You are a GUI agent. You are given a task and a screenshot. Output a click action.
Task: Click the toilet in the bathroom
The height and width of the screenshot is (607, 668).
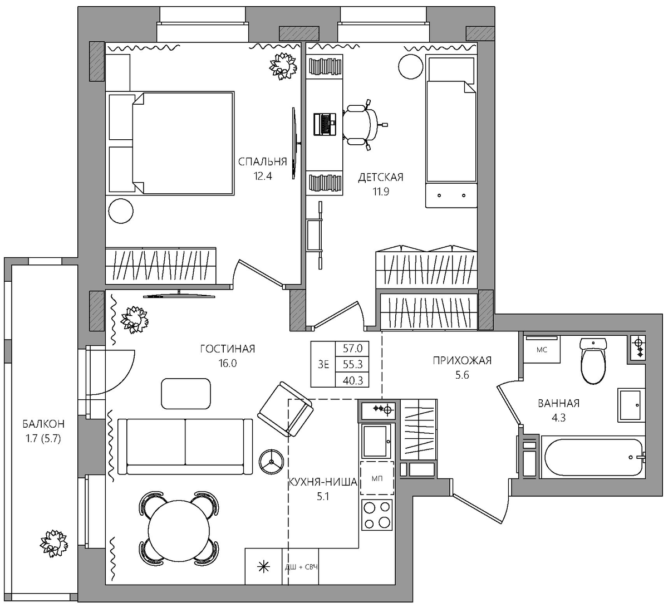point(593,360)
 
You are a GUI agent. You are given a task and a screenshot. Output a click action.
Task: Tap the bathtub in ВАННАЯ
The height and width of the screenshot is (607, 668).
point(593,457)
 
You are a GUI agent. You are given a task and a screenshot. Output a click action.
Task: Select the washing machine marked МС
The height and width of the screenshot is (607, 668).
point(542,350)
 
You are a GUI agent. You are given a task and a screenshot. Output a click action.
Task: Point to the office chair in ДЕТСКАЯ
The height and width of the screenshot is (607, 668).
point(363,125)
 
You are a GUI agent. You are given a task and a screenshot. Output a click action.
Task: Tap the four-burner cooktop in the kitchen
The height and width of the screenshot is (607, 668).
point(377,515)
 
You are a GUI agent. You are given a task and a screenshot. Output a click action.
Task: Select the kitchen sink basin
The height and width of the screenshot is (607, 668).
point(377,441)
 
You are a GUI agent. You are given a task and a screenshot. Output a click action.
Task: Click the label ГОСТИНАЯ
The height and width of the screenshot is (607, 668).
point(228,349)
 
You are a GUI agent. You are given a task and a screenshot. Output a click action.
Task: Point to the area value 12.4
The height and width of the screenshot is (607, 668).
point(263,176)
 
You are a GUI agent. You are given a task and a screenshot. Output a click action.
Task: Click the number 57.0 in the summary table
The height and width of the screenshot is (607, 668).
point(352,349)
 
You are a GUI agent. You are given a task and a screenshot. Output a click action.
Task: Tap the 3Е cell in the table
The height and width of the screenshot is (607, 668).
point(323,364)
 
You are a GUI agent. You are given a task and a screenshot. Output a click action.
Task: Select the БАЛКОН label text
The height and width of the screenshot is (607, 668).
point(43,424)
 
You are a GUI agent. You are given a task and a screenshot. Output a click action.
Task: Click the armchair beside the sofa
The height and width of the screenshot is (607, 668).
point(286,409)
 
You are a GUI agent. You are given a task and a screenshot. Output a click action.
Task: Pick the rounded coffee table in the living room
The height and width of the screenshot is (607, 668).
point(186,394)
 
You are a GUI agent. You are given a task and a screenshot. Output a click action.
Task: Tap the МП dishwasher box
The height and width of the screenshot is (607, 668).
point(377,478)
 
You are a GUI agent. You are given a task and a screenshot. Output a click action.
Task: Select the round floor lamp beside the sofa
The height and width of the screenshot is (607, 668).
point(272,462)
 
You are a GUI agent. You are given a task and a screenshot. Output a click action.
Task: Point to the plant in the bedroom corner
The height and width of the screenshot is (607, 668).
point(283,66)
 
